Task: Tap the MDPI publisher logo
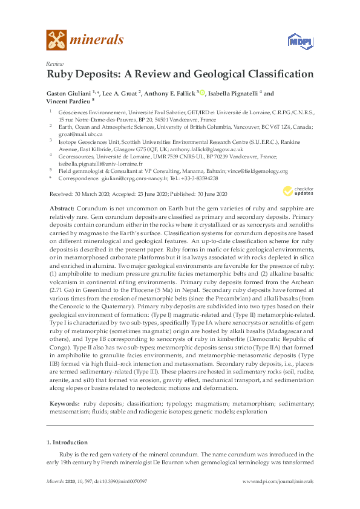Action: coord(296,41)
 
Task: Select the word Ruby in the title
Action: coord(62,75)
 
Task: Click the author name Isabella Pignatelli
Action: coord(233,94)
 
